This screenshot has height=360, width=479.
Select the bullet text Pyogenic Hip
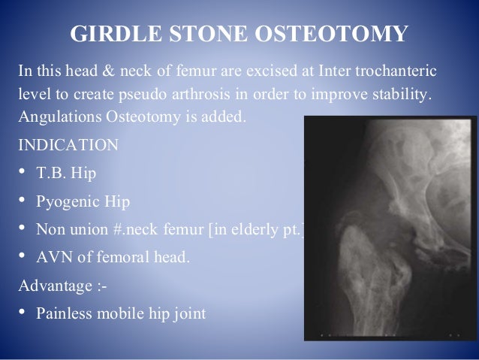pos(79,201)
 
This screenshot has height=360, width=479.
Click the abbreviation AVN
pos(52,258)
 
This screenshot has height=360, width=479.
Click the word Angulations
pos(54,118)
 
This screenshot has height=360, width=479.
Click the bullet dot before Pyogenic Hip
pos(21,201)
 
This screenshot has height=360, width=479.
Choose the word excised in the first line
pos(279,72)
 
